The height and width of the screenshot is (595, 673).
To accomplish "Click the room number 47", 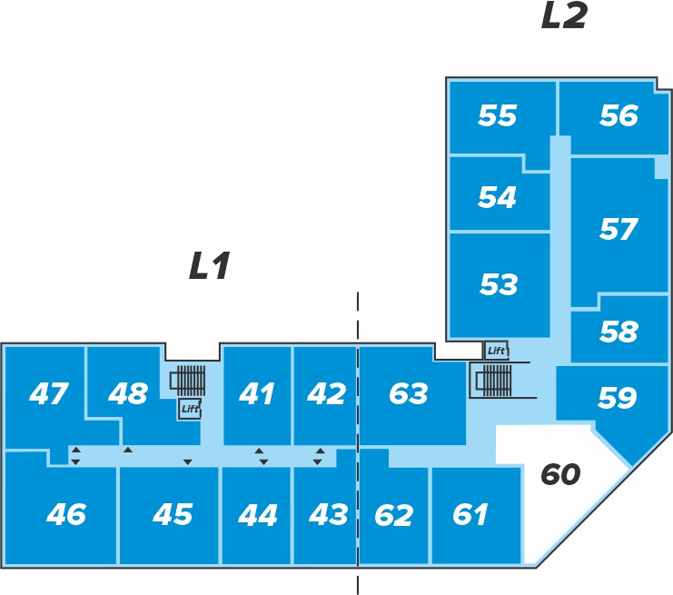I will [48, 394].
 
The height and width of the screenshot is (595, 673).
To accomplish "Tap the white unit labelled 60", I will [559, 474].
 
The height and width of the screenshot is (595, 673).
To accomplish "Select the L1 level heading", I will [210, 267].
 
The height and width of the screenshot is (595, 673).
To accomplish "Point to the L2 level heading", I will [564, 17].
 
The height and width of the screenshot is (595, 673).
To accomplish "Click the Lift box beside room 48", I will [189, 409].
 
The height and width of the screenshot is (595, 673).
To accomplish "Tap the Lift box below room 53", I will [496, 351].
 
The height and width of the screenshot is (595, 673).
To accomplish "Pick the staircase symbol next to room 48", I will [190, 380].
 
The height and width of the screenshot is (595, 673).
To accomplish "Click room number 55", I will [497, 116].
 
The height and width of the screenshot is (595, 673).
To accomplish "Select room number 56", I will [619, 116].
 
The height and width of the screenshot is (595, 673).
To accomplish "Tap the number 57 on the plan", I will [619, 230].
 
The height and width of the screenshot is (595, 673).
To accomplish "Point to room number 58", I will [619, 332].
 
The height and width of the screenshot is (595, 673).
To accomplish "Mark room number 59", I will [618, 398].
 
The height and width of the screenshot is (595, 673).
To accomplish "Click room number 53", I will [499, 285].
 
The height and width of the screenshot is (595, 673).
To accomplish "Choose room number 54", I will [497, 197].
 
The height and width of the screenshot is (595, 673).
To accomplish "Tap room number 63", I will [408, 394].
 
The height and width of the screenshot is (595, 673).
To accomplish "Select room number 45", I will [173, 515].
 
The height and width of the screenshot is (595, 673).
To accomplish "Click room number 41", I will [256, 394].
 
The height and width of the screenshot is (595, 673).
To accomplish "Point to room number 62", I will [393, 515].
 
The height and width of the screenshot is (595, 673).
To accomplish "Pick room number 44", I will [257, 515].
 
